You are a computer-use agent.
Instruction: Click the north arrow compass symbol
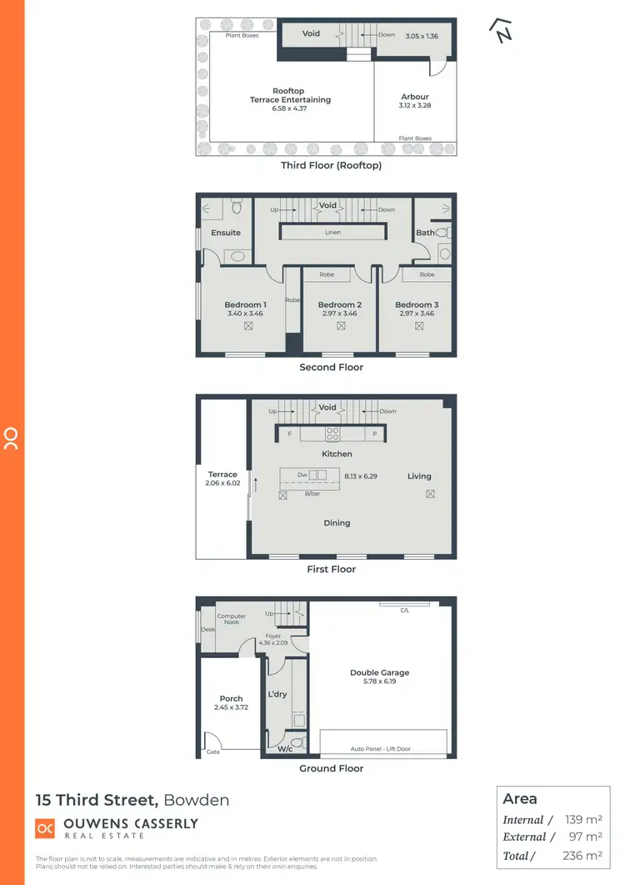[x=502, y=30]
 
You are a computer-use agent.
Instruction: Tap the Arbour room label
[x=415, y=97]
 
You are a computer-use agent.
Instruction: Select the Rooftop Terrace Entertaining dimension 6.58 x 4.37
[x=289, y=108]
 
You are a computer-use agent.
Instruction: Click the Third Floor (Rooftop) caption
[x=331, y=165]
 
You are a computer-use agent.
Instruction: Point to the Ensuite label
[x=226, y=233]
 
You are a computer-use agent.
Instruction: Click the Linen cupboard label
[x=332, y=233]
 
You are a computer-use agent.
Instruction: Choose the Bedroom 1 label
[x=245, y=304]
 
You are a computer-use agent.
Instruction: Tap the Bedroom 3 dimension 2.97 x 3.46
[x=417, y=314]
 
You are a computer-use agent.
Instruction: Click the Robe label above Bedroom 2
[x=339, y=274]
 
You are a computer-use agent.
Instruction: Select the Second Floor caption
[x=331, y=367]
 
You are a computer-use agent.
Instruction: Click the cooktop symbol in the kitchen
[x=331, y=434]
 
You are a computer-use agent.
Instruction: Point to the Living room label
[x=419, y=476]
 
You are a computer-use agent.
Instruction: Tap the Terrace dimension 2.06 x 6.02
[x=222, y=483]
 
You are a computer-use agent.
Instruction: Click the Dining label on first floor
[x=337, y=523]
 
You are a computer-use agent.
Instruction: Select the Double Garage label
[x=380, y=672]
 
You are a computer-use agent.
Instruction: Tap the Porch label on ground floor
[x=231, y=699]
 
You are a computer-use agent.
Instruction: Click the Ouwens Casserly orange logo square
[x=45, y=827]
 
